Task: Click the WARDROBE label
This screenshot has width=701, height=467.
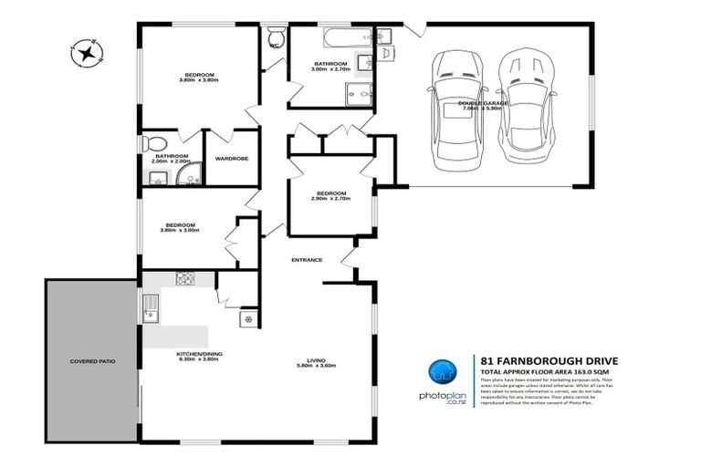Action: click(x=231, y=159)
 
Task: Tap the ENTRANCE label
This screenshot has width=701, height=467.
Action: click(x=307, y=260)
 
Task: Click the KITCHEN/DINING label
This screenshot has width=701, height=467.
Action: click(x=199, y=353)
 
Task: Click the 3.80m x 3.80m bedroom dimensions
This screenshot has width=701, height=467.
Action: click(x=199, y=80)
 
